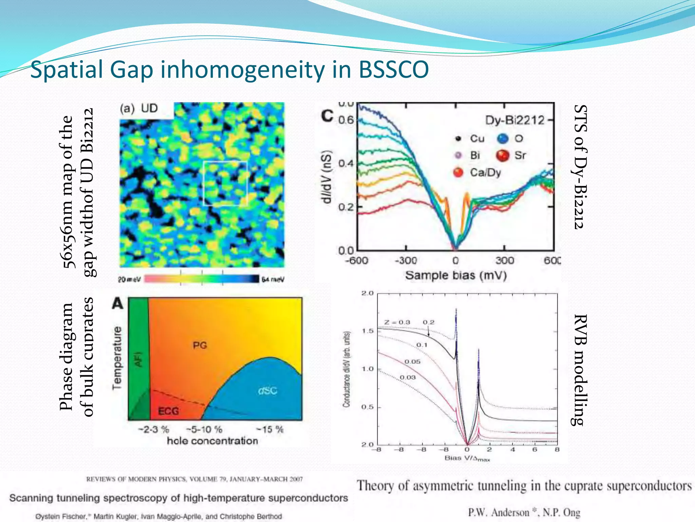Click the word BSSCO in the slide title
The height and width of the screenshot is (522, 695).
394,70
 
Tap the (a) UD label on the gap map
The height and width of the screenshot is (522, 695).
139,108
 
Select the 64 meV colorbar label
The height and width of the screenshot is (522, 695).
273,279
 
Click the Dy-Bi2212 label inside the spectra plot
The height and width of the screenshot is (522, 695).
514,120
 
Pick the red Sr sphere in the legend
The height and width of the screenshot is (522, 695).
503,156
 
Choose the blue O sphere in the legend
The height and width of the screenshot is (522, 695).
503,138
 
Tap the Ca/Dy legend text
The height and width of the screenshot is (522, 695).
485,173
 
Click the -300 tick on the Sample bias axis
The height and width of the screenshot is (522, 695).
406,261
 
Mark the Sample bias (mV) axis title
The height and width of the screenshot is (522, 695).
456,275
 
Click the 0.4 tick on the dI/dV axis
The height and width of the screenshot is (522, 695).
346,163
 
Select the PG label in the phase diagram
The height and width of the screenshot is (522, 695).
200,345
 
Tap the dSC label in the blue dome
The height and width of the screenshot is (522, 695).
267,391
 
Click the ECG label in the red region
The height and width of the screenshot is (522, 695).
169,411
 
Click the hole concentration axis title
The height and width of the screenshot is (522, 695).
212,441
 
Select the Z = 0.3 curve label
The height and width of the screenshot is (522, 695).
397,322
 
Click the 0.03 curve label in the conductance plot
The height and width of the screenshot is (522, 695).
408,377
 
